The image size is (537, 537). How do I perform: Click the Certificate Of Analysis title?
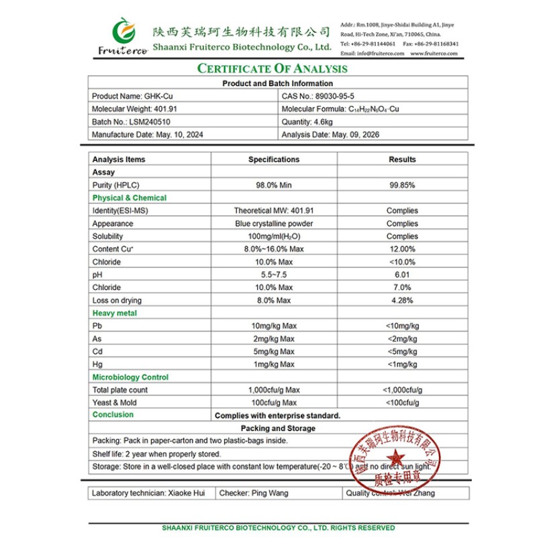click(271, 68)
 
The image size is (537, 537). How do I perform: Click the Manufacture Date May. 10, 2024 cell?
click(147, 134)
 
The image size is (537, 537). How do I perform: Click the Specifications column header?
click(274, 160)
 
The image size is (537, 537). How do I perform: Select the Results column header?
click(402, 160)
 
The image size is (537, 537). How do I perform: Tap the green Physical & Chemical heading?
click(129, 198)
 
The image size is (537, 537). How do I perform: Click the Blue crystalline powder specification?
click(274, 224)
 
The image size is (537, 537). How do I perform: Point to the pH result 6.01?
click(402, 275)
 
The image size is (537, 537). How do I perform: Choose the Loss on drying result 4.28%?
click(402, 301)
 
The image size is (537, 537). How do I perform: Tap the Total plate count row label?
click(120, 390)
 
